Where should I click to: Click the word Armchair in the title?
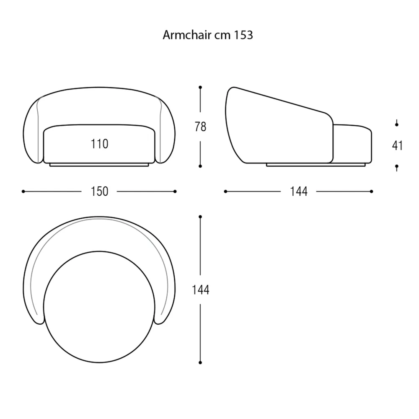coord(187,35)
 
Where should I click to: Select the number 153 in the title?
coord(243,35)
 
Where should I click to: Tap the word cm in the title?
coord(222,36)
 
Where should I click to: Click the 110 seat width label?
coord(99,144)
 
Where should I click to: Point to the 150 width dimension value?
coord(99,191)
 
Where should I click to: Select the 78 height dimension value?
coord(200,127)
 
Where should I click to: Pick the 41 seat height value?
coord(397,146)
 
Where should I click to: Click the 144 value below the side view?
coord(299,191)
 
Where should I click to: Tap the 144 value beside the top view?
coord(200,290)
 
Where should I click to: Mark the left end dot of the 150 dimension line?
coord(23,191)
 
